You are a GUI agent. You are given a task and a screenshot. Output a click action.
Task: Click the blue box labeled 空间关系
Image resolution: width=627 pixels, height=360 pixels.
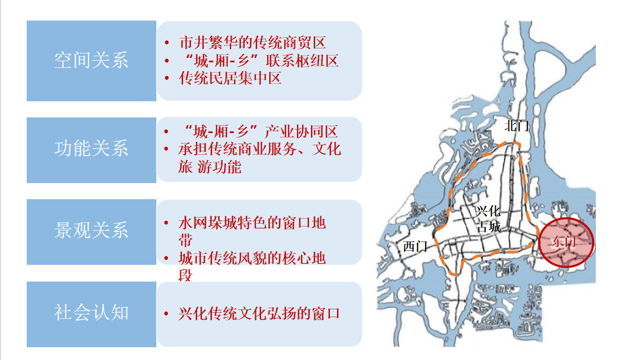point(91,61)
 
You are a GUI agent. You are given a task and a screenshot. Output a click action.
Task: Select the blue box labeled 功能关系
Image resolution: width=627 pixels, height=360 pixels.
point(91,150)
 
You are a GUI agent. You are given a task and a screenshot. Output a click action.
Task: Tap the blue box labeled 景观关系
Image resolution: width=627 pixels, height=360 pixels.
point(91,232)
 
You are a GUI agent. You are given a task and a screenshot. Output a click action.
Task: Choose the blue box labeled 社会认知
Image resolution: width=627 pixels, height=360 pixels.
point(91,314)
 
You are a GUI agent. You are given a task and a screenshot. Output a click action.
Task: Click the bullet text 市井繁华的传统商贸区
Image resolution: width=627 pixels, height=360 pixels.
point(253,43)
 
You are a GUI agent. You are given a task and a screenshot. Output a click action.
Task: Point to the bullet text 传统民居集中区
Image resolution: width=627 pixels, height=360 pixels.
point(230,78)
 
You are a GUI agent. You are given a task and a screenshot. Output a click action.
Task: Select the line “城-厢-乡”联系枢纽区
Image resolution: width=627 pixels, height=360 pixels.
point(261,61)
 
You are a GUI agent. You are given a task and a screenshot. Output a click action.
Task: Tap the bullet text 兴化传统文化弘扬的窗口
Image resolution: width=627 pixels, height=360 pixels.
point(259,314)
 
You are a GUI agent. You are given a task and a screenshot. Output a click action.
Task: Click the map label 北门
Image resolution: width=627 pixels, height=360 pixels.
point(517,126)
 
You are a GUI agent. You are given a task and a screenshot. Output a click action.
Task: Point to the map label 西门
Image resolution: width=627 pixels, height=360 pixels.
point(415,246)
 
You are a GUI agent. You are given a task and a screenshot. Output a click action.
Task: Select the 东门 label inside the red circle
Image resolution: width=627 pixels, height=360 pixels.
point(564,241)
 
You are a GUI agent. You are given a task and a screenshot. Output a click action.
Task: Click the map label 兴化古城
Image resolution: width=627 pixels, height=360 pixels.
point(488,219)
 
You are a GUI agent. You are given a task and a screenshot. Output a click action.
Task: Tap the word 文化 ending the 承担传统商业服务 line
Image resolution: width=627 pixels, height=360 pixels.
point(327,149)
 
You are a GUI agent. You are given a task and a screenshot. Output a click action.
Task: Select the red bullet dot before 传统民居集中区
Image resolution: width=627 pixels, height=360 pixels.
point(166,78)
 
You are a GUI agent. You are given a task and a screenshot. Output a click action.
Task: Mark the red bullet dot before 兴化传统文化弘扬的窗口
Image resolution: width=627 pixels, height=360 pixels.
point(166,314)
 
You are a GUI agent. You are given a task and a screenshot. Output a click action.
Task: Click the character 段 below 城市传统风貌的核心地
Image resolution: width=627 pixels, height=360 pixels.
point(186,275)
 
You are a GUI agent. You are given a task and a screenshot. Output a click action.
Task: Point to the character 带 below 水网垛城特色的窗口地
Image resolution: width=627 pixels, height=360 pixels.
point(186,240)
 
